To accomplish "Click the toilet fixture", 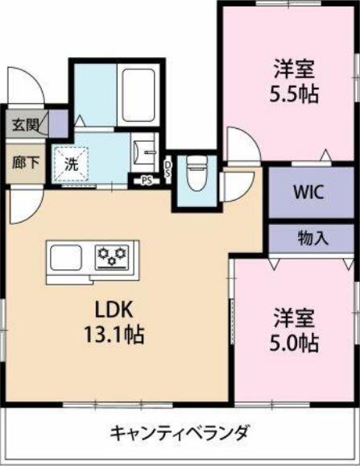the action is tap(197, 173).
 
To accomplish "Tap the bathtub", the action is tap(139, 95).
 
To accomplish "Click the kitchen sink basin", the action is tap(66, 258).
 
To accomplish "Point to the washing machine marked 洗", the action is tap(70, 164).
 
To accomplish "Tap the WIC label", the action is tap(308, 193).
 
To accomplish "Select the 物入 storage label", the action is tap(313, 238).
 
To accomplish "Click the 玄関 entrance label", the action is tap(26, 124).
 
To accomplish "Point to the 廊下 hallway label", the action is tap(26, 163).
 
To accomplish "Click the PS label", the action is tap(146, 181).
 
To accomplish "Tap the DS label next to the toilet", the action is tap(168, 169).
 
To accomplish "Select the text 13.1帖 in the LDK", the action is tap(114, 335).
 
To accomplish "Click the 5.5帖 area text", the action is tap(294, 94).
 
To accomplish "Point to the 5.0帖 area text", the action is tap(294, 343).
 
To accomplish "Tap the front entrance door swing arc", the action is tap(39, 81).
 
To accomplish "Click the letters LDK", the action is tap(113, 310).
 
